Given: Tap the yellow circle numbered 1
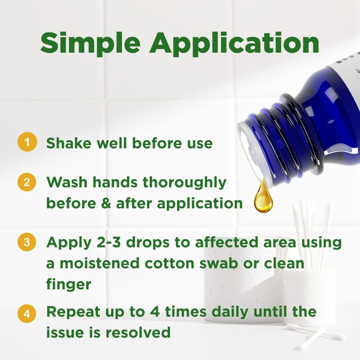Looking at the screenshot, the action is tap(27, 142).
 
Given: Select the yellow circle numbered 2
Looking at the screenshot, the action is tap(27, 182).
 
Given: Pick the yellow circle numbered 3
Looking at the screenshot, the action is tap(27, 242).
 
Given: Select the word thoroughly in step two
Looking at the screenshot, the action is tap(185, 183).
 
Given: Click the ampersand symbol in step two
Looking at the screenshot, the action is tap(106, 203).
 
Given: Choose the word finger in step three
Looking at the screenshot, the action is tap(69, 285).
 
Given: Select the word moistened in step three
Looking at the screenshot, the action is tap(100, 263).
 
